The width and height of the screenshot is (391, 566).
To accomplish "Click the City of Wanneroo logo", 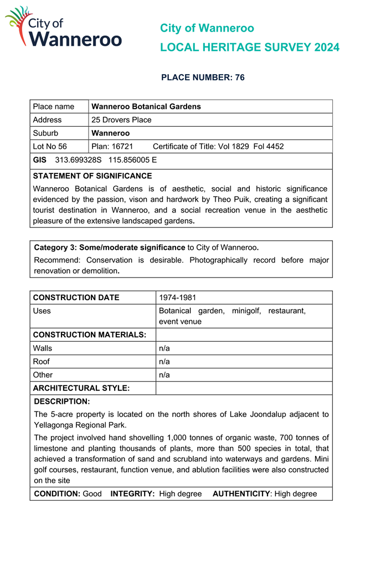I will click(63, 28).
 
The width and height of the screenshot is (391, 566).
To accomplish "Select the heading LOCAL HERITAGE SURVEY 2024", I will click(249, 48).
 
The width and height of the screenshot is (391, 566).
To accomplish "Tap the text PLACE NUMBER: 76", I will click(203, 78).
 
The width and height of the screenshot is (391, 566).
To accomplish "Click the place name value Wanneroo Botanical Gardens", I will click(146, 106).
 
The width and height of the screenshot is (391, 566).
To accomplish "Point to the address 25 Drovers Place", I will click(121, 120).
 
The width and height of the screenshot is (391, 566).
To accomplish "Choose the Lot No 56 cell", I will click(50, 146).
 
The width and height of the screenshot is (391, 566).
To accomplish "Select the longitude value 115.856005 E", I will click(132, 159).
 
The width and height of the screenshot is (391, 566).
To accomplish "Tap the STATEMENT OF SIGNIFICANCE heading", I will click(92, 176).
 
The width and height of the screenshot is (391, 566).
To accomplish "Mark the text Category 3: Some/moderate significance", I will click(110, 247).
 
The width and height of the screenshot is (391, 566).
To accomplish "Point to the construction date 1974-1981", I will click(177, 297).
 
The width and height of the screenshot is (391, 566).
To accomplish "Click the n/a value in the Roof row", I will click(164, 362).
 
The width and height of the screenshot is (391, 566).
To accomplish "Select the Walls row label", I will click(43, 348).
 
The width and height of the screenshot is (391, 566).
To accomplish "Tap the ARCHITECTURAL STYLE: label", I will click(81, 388).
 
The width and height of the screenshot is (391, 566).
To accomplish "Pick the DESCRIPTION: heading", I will click(62, 401).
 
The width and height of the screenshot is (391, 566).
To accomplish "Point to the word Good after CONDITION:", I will click(92, 493).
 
